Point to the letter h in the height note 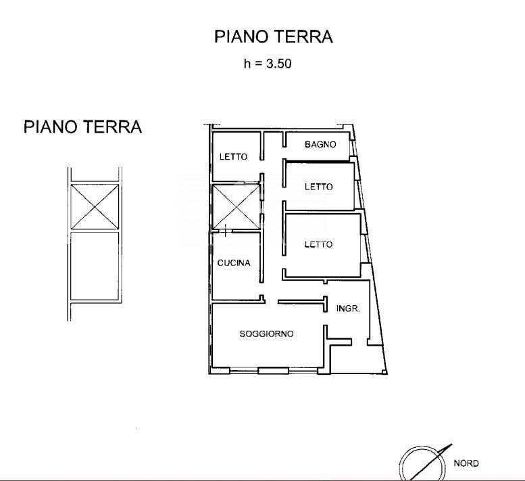click(x=247, y=64)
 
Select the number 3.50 click(x=277, y=64)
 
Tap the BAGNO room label click(x=320, y=144)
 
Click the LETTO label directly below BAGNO click(x=318, y=187)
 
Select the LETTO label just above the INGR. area click(x=318, y=244)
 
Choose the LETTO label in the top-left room click(x=233, y=156)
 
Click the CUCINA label click(x=234, y=262)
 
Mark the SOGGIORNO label click(x=266, y=334)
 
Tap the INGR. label click(x=347, y=308)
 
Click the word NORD click(x=466, y=463)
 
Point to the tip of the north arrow click(x=451, y=444)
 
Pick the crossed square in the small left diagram click(x=95, y=206)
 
